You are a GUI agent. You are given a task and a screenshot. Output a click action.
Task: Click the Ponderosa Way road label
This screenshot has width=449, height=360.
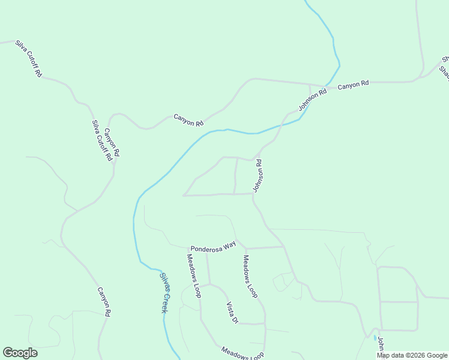pos(212,247)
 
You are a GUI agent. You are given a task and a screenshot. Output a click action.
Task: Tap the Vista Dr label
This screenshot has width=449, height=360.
pos(232,312)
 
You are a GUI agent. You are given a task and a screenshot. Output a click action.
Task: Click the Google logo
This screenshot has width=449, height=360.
pos(20,353)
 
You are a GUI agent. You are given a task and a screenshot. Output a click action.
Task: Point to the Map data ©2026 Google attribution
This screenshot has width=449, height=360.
pos(412,355)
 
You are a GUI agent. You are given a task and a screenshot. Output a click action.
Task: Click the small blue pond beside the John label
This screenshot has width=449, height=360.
pos(375,338)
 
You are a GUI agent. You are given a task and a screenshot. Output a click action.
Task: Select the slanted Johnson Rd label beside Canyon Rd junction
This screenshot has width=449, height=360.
pos(313,100)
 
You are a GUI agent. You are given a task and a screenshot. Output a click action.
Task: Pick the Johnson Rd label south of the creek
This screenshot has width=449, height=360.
pos(258,175)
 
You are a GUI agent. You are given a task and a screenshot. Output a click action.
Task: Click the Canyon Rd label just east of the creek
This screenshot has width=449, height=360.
pos(353,85)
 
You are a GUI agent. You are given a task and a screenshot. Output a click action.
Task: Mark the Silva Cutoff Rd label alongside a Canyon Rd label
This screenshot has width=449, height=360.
pos(101,140)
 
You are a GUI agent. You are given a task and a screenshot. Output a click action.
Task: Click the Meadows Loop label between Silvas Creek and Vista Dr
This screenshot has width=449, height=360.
pos(193,275)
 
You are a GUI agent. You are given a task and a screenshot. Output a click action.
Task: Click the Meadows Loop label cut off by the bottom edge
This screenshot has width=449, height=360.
pos(243,353)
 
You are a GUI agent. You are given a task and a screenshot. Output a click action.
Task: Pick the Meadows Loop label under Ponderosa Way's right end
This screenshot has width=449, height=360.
pos(250,277)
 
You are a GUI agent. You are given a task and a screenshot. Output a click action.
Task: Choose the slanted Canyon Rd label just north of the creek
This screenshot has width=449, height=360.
pos(188,119)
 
